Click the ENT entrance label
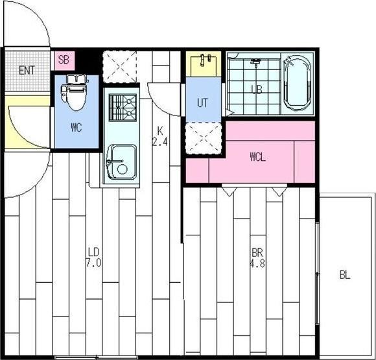pos(27,70)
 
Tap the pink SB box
pos(64,60)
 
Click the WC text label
pos(76,127)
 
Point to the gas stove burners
pos(123,108)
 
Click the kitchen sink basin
pos(122,162)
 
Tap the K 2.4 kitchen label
pos(160,137)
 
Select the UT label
pos(203,102)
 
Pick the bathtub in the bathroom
pos(297,83)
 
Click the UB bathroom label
pos(257,90)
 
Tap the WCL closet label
pos(257,157)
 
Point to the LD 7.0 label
pos(93,258)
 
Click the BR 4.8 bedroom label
pos(257,258)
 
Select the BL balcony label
pos(345,275)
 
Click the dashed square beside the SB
pos(119,67)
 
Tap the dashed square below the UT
pos(204,138)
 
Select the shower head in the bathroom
pos(256,61)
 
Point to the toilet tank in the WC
pos(76,78)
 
